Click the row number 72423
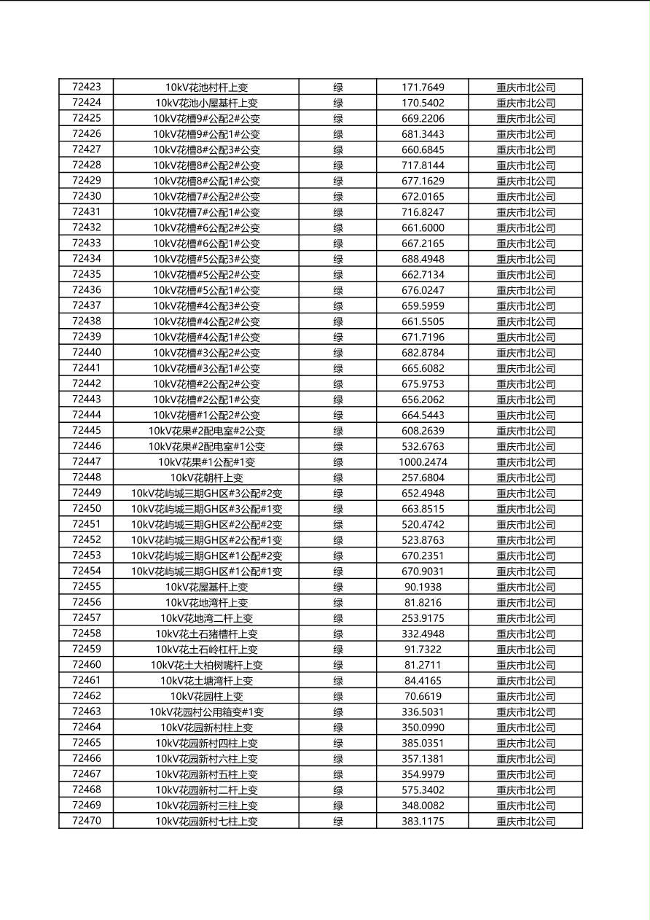[x=87, y=87]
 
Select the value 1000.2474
[x=423, y=462]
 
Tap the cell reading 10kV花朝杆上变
[x=206, y=477]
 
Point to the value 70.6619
[x=423, y=696]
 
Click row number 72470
[x=87, y=821]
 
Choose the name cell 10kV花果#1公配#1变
[x=206, y=462]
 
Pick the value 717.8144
[x=423, y=165]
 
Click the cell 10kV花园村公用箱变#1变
[x=206, y=712]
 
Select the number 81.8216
[x=423, y=603]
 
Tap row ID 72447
[x=87, y=461]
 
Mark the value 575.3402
[x=423, y=790]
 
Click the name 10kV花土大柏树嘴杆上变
[x=206, y=665]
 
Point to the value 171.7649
[x=423, y=87]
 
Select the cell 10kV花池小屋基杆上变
[x=206, y=103]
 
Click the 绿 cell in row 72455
[x=338, y=587]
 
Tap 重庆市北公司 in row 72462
[x=525, y=696]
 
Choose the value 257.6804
[x=423, y=477]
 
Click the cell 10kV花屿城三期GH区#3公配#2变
[x=206, y=494]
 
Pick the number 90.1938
[x=423, y=587]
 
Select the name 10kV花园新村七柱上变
[x=206, y=822]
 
